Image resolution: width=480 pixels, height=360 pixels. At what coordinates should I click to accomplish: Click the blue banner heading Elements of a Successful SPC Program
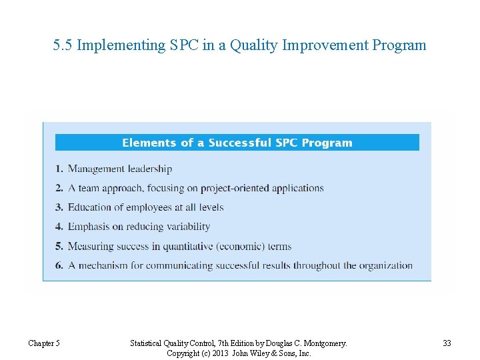(x=237, y=143)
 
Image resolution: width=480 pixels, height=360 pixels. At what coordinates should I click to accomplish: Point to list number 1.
(x=59, y=169)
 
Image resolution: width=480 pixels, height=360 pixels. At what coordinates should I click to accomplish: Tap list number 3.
(x=59, y=207)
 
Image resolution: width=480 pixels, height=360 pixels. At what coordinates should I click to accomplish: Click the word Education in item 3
(x=90, y=207)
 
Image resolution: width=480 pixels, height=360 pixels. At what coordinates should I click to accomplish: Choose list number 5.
(x=59, y=247)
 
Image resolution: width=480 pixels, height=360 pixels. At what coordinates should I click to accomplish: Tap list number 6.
(x=59, y=266)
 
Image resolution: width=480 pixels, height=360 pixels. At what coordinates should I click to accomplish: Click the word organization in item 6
(x=386, y=266)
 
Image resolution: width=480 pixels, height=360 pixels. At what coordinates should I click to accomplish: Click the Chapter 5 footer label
(x=44, y=343)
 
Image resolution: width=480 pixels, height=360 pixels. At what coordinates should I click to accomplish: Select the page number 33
(x=447, y=343)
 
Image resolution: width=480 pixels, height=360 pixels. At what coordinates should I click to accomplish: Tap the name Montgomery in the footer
(x=323, y=343)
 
